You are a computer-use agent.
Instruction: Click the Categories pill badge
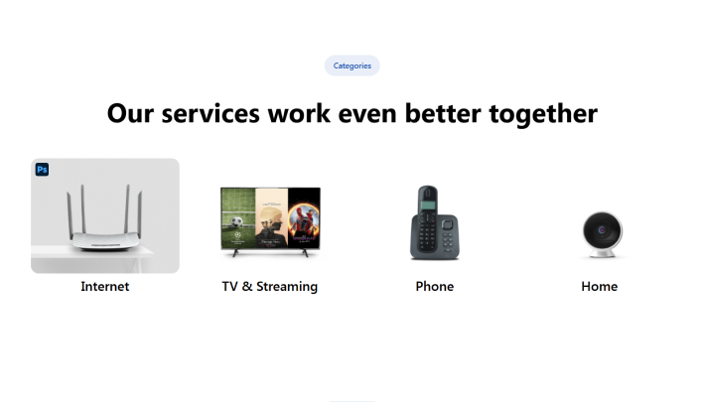(351, 66)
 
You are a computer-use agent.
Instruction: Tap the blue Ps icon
(42, 170)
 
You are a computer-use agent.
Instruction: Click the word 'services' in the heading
(210, 113)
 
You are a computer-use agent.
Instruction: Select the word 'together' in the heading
(543, 114)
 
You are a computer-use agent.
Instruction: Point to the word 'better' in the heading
(443, 113)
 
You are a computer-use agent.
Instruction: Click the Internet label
(105, 286)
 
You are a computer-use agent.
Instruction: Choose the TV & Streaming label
(270, 286)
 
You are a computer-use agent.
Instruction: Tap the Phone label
(435, 286)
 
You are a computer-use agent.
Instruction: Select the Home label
(600, 286)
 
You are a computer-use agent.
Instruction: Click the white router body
(105, 240)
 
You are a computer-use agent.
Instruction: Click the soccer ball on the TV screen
(237, 221)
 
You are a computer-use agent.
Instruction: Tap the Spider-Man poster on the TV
(304, 217)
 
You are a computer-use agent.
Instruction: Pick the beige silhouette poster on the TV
(271, 217)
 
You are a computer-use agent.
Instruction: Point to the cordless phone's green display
(428, 205)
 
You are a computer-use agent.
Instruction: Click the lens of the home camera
(602, 230)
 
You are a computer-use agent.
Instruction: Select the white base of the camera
(602, 253)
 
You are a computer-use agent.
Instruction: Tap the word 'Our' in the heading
(130, 113)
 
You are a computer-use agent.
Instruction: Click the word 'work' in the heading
(299, 113)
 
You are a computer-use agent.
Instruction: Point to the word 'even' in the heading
(367, 114)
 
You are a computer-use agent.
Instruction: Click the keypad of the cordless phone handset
(426, 231)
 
